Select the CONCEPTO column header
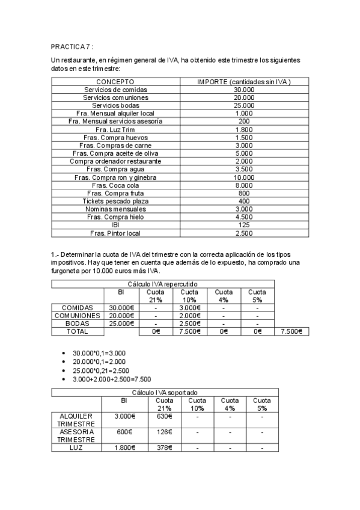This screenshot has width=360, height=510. tap(115, 81)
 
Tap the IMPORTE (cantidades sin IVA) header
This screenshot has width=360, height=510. tap(244, 81)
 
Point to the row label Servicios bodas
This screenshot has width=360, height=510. tap(115, 105)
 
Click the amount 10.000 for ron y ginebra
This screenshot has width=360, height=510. tap(244, 177)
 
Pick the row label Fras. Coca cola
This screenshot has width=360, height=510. tap(115, 185)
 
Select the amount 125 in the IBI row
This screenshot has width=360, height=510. tap(244, 225)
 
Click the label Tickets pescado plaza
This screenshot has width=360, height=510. tap(115, 201)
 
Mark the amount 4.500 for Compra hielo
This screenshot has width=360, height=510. tap(244, 217)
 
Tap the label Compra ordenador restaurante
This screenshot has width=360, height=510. tap(115, 161)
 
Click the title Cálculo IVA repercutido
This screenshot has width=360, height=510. tap(162, 283)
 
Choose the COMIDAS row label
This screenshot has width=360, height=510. tap(78, 307)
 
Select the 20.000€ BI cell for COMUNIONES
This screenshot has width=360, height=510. tap(121, 315)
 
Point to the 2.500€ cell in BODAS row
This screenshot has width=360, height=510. tap(189, 324)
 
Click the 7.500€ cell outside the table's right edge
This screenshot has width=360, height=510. tap(291, 331)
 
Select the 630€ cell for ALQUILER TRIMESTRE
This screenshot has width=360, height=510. tap(165, 416)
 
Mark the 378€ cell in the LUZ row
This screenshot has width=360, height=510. tap(165, 447)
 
